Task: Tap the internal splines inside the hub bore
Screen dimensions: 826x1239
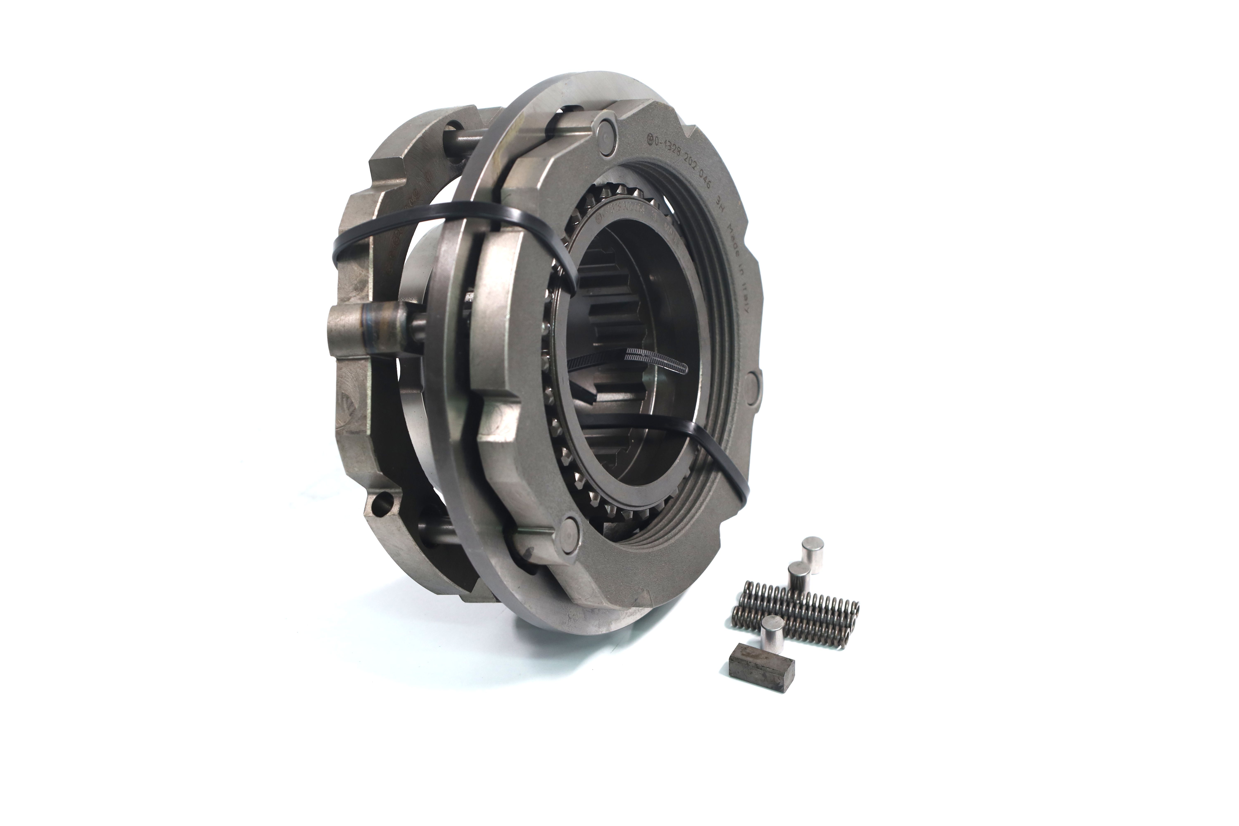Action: click(622, 327)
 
